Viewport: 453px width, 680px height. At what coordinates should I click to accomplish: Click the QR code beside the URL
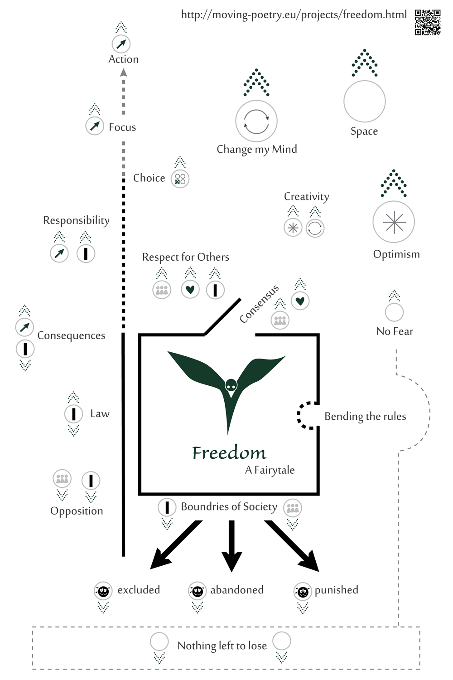click(428, 22)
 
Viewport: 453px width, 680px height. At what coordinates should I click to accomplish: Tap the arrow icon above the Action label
click(121, 44)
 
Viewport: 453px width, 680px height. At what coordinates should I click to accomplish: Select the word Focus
click(122, 127)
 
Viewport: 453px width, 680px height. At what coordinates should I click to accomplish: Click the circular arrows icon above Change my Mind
click(256, 121)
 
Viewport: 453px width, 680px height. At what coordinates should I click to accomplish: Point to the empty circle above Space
click(364, 101)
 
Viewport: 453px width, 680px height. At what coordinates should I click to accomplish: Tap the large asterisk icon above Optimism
click(394, 222)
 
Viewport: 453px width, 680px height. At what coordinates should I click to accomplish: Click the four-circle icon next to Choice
click(180, 179)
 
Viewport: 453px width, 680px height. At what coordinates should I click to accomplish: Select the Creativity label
click(306, 196)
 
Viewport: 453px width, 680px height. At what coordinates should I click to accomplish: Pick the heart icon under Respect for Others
click(190, 289)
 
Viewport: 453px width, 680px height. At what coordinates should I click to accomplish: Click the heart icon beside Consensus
click(300, 301)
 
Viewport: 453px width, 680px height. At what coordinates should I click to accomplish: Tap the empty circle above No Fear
click(394, 312)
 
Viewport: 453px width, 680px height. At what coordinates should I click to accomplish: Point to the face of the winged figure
click(231, 386)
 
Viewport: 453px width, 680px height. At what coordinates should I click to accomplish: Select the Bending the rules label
click(365, 416)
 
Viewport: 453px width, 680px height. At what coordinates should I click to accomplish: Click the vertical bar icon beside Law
click(73, 414)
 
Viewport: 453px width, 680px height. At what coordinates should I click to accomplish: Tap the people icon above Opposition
click(62, 479)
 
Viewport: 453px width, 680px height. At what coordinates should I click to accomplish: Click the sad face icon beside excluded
click(103, 590)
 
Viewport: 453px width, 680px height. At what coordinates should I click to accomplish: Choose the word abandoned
click(237, 590)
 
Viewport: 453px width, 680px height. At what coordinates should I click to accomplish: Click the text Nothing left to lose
click(222, 646)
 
